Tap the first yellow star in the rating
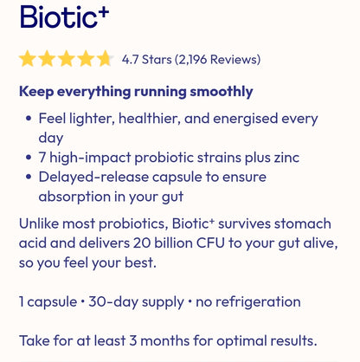[28, 59]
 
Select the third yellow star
[67, 59]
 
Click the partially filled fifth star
[105, 59]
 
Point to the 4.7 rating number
[130, 60]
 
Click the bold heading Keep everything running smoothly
[136, 91]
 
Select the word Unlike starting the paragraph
[39, 223]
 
